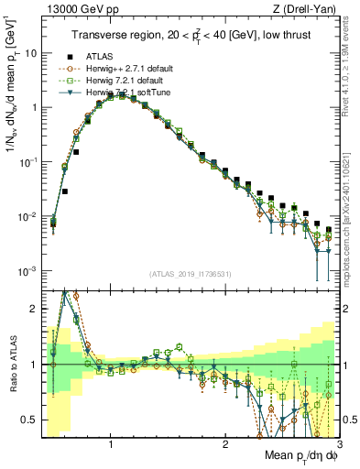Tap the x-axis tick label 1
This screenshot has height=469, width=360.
[x=111, y=445]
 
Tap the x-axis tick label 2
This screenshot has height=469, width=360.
[x=225, y=445]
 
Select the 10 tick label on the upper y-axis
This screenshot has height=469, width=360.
[x=29, y=53]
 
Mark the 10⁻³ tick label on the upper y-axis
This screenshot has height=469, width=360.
[x=27, y=271]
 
